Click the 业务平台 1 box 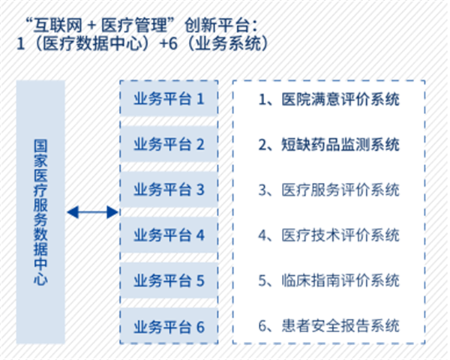[169, 98]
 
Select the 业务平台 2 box [169, 144]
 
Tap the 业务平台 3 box [169, 190]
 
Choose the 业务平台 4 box [169, 235]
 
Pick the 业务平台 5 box [169, 280]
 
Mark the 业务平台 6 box [169, 325]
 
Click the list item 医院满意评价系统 [329, 99]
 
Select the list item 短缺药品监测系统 [329, 145]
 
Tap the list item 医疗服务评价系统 [329, 190]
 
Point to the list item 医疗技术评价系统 [329, 235]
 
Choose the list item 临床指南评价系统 [329, 280]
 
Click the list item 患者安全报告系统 [329, 325]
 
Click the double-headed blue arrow [92, 212]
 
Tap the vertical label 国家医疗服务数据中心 [40, 212]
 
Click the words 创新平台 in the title [217, 25]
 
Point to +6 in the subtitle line [169, 44]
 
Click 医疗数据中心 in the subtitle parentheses [92, 44]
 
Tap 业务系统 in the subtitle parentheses [227, 44]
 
